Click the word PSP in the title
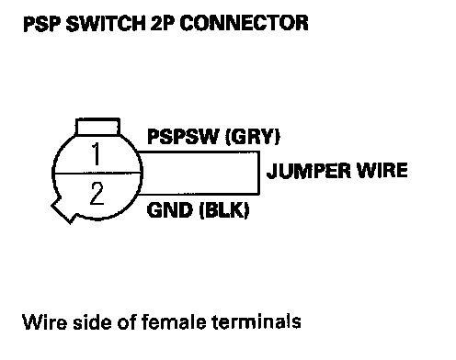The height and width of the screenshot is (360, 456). (x=42, y=24)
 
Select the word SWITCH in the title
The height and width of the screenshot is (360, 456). (x=106, y=24)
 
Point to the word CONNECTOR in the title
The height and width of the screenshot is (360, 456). (x=245, y=24)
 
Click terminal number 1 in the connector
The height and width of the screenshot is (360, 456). (x=97, y=154)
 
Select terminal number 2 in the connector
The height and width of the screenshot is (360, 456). (x=97, y=193)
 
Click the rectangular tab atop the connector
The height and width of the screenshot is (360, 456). (x=97, y=127)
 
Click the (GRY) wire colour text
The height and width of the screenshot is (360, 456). (x=253, y=137)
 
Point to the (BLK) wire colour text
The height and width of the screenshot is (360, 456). (x=224, y=210)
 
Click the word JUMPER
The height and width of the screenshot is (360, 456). (x=308, y=171)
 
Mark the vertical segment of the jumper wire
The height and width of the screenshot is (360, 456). (x=259, y=173)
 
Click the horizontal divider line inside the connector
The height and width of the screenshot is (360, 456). (x=97, y=174)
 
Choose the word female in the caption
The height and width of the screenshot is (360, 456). (x=174, y=321)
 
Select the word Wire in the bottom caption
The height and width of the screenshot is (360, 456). (x=44, y=321)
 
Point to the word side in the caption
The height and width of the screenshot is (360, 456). (x=92, y=321)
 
